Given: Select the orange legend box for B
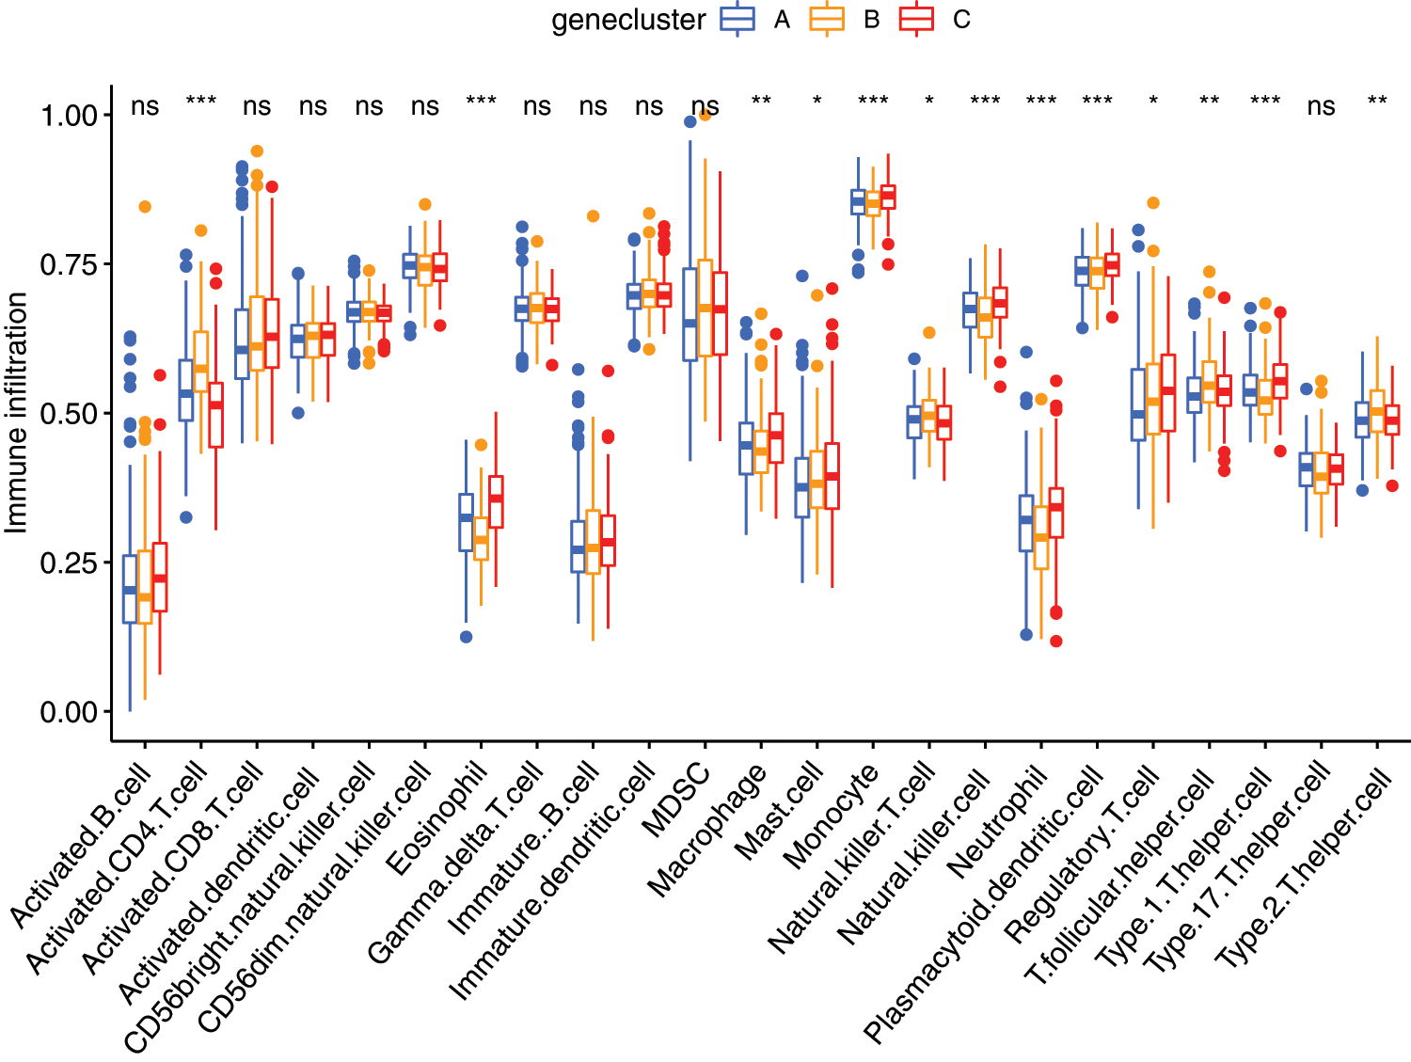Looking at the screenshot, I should [x=827, y=20].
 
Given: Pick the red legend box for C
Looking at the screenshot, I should [x=916, y=20].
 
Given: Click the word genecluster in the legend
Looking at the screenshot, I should [x=627, y=21].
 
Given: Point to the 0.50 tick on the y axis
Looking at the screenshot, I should [x=69, y=414].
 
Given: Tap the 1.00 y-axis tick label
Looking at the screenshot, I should [x=69, y=116].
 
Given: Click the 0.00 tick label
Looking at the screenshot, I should [x=69, y=712].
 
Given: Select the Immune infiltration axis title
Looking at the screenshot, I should [x=16, y=413].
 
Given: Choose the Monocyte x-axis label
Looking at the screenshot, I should [x=831, y=816].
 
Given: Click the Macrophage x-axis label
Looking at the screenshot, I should [x=707, y=830].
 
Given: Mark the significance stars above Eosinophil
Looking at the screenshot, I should [x=481, y=101].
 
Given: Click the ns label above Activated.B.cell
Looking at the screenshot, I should [x=145, y=106].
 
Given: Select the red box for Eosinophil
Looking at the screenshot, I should [x=496, y=501].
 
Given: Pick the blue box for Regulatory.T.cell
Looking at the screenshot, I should [x=1138, y=404].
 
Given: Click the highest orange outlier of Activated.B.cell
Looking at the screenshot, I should [x=145, y=207].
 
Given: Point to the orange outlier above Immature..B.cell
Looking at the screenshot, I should [x=593, y=216].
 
